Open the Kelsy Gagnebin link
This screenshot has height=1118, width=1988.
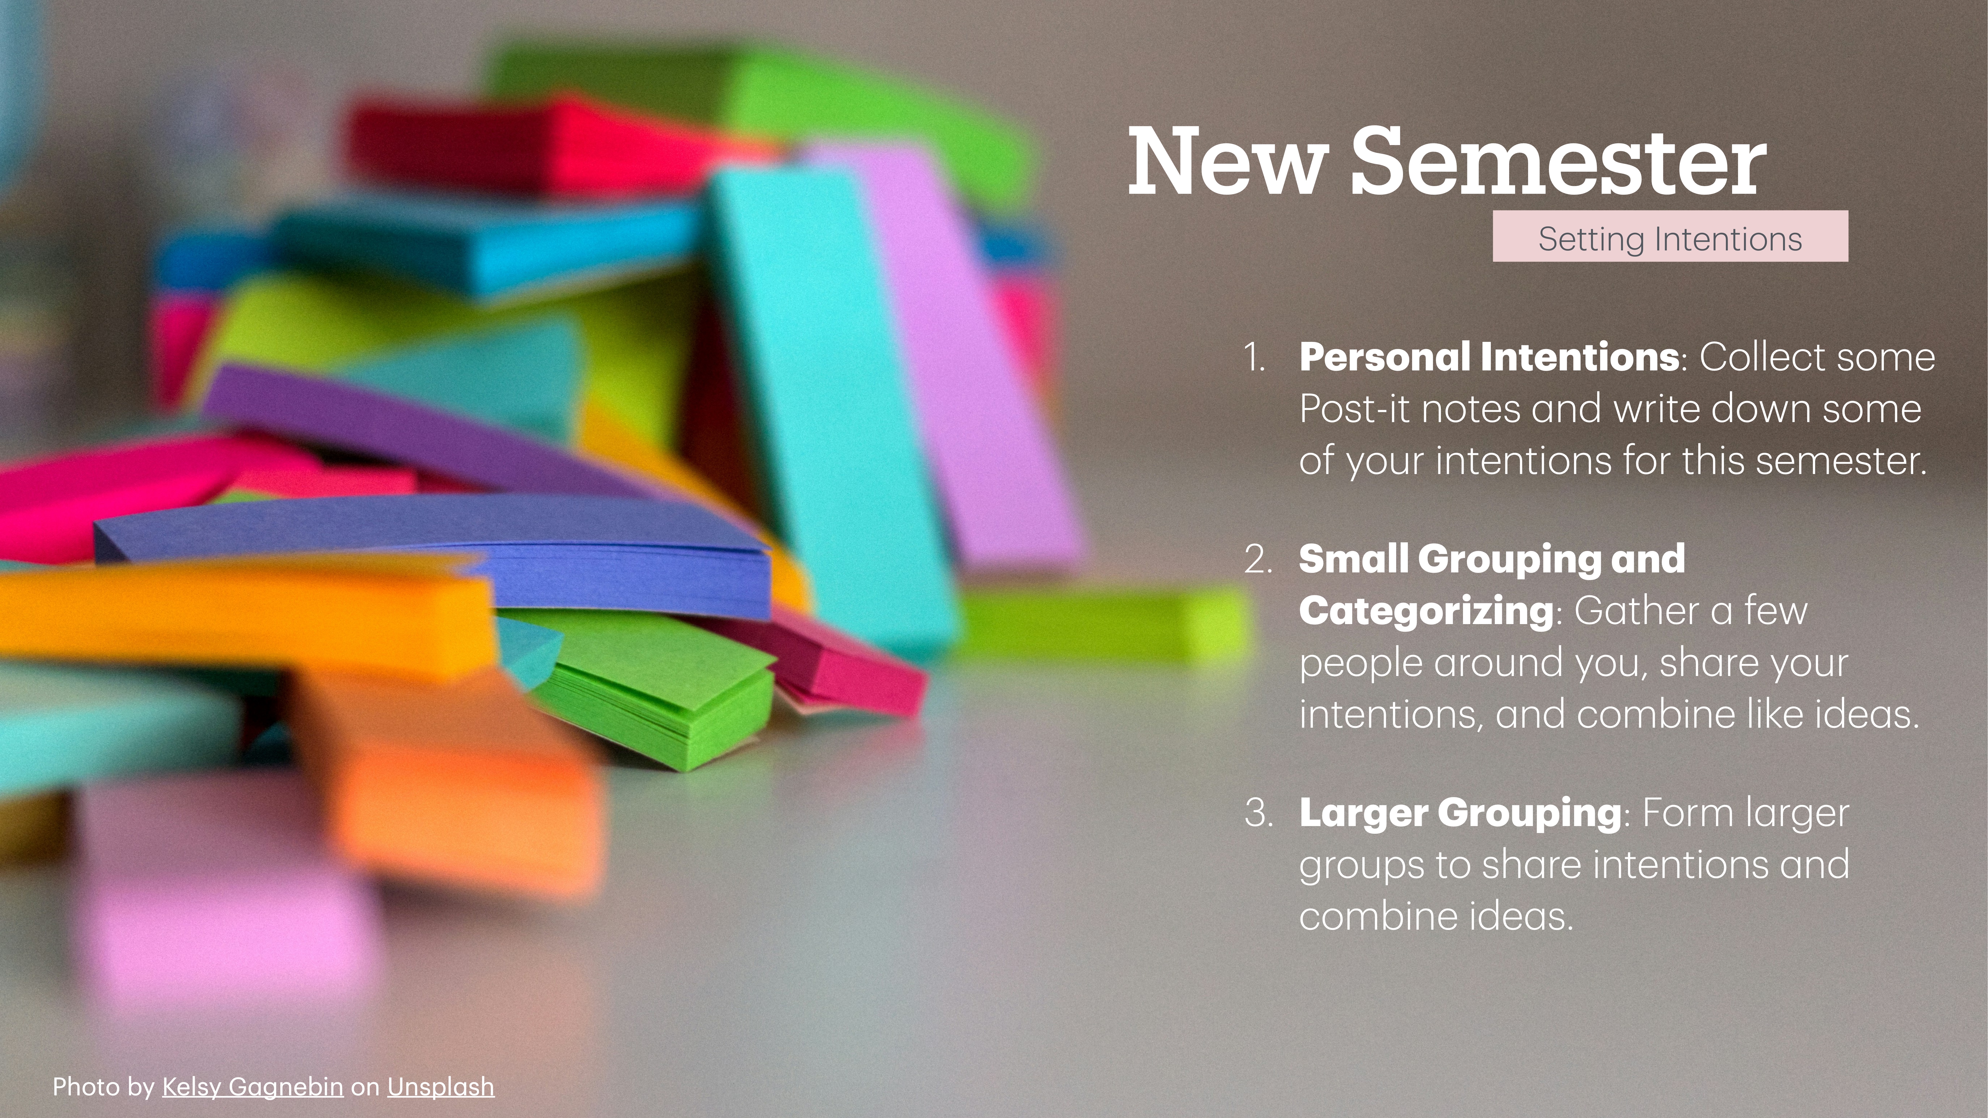(252, 1086)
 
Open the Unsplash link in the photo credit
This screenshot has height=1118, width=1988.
(441, 1086)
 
